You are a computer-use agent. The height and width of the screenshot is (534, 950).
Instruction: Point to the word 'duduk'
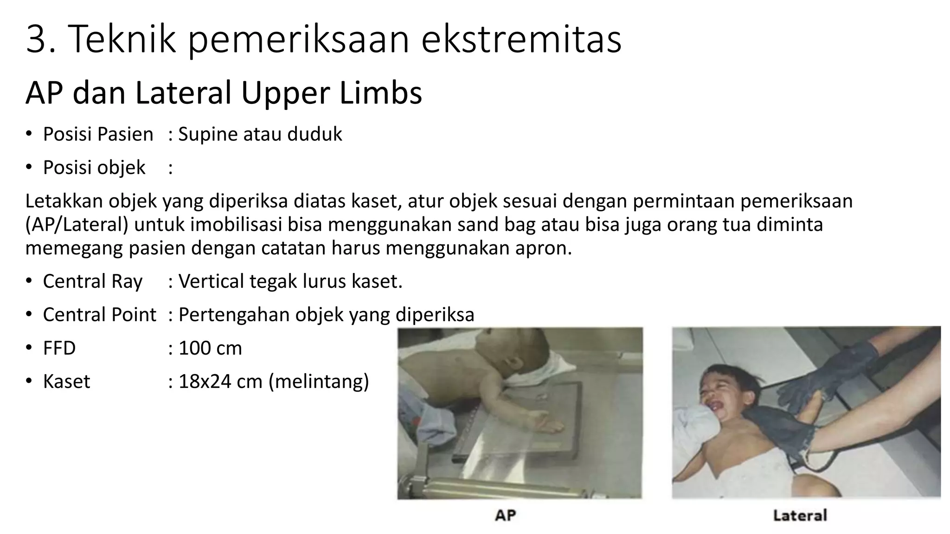tap(315, 134)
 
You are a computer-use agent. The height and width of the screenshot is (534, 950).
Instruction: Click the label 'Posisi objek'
tap(94, 167)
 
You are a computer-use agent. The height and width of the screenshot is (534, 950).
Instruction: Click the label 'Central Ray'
tap(92, 281)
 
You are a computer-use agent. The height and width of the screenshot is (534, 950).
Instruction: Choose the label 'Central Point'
tap(99, 315)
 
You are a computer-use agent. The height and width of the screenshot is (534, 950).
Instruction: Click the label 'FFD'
tap(59, 348)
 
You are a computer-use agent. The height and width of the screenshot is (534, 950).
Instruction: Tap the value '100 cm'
tap(210, 348)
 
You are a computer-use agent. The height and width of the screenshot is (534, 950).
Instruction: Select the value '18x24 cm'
tap(220, 381)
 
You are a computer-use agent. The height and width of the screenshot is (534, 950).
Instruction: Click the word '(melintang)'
tap(319, 381)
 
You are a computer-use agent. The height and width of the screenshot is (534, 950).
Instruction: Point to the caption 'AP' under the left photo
tap(505, 515)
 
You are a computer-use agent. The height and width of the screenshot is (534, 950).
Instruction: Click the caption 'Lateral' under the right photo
tap(800, 515)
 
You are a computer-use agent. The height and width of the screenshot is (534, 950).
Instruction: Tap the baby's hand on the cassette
tap(547, 424)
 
